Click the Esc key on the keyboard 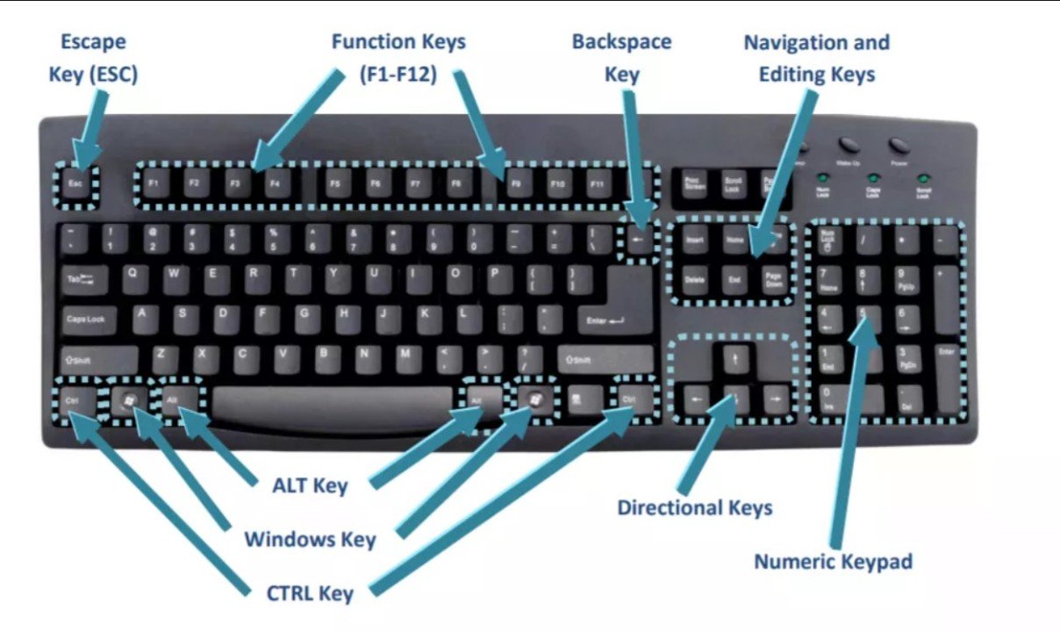[x=75, y=184]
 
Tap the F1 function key [x=153, y=184]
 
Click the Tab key [x=80, y=279]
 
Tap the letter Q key [x=132, y=275]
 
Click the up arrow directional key [x=735, y=359]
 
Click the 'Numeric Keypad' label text [x=834, y=561]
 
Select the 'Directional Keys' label [x=694, y=507]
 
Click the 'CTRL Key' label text [x=310, y=593]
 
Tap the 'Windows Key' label [x=310, y=538]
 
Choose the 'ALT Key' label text [x=311, y=485]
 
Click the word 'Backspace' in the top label [x=621, y=41]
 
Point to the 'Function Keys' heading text [x=398, y=41]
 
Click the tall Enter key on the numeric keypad [x=946, y=373]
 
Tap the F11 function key [x=598, y=184]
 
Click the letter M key [x=405, y=355]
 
